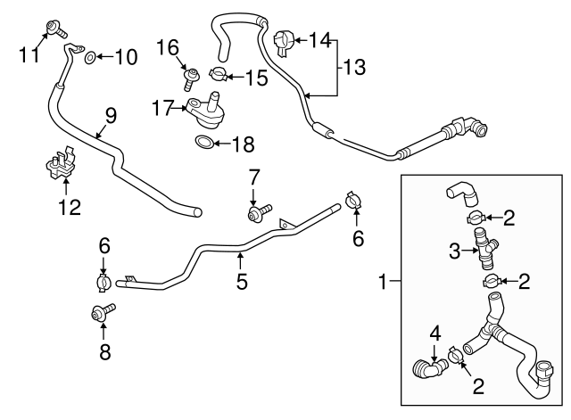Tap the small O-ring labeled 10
[x=91, y=59]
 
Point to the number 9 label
[x=111, y=115]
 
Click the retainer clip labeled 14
[x=283, y=40]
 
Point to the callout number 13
[x=355, y=67]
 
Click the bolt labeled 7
[x=256, y=212]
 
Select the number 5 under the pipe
[x=240, y=283]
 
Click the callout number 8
[x=104, y=351]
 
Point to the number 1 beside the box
[x=383, y=283]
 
